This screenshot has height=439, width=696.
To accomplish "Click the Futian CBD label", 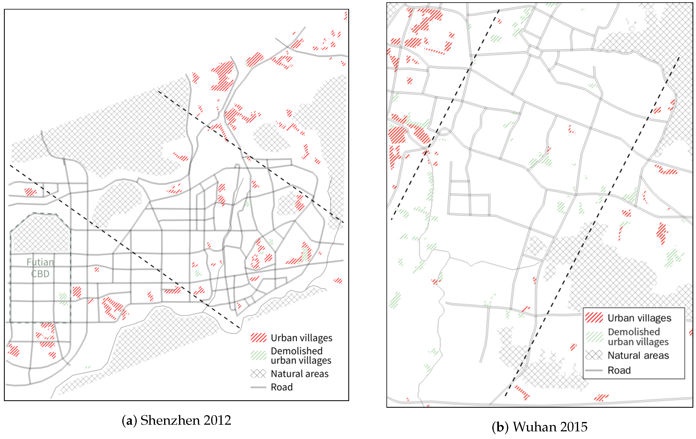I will point(40,268).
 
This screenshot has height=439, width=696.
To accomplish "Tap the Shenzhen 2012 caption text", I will point(186,420).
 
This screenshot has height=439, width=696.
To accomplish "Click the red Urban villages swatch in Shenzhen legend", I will point(258,337).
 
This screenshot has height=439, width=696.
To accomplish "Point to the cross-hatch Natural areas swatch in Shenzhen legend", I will point(258,374).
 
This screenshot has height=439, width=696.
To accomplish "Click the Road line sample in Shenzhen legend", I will point(258,387).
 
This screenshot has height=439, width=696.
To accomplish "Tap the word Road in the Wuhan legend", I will point(619,370).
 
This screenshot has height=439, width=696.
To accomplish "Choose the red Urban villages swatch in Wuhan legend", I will point(594,318).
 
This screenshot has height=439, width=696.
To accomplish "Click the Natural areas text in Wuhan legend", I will point(638,355).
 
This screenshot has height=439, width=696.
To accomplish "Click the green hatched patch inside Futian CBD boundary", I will point(63,299).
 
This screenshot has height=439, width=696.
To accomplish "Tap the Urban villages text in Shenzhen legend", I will point(301,337).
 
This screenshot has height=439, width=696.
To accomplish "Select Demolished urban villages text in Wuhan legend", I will point(638,336).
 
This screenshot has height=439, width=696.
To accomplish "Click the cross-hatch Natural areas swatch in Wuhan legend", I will point(594,355).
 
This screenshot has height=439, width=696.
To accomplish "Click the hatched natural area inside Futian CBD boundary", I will point(40,234).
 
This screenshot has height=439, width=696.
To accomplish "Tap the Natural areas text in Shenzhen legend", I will point(299,374).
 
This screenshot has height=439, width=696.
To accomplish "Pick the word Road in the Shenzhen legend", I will point(282,387).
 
